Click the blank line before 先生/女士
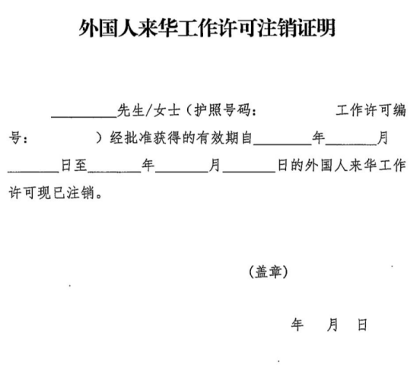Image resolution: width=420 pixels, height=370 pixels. click(84, 117)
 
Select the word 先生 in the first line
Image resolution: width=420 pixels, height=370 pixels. click(130, 110)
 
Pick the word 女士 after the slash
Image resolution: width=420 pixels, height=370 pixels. click(167, 110)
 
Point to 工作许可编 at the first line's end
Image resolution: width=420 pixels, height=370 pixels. click(371, 110)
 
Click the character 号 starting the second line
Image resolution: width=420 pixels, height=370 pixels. click(15, 138)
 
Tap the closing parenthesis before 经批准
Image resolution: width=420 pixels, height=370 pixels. click(100, 138)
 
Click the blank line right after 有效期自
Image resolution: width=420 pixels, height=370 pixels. click(282, 145)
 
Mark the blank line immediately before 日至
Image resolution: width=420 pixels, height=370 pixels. click(33, 172)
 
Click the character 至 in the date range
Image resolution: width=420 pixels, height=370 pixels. click(81, 165)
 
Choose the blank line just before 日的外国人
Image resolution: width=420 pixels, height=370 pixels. click(249, 172)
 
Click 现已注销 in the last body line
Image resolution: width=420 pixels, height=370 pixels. click(66, 193)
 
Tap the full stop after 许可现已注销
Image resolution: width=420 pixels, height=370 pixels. click(99, 196)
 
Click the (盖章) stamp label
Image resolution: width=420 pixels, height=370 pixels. click(269, 272)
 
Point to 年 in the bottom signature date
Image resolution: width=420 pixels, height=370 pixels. click(297, 324)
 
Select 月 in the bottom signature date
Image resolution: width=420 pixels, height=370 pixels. click(332, 324)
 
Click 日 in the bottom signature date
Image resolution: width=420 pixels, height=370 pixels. click(362, 324)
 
